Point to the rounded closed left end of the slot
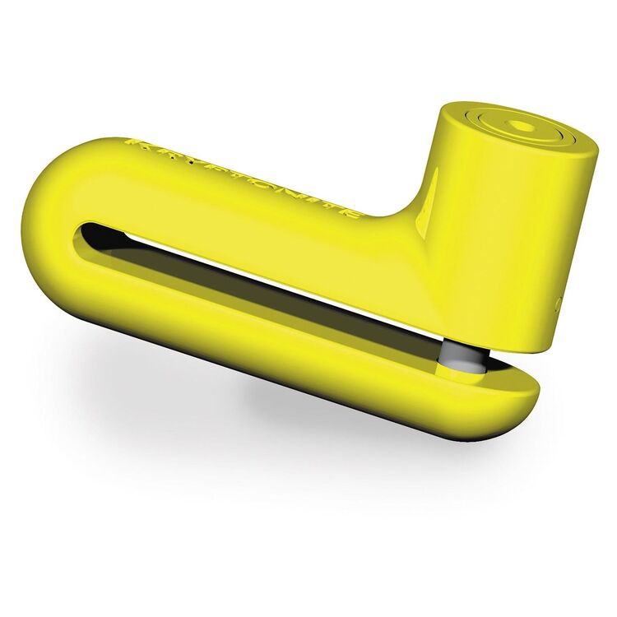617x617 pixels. pos(82,234)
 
